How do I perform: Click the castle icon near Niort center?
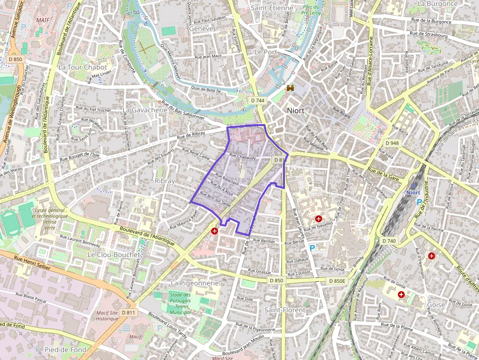pos(290,87)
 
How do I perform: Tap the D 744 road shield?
pos(258,100)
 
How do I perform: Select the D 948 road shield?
pos(392,143)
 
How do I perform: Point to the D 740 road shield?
pos(389,241)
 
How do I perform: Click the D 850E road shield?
pos(337,281)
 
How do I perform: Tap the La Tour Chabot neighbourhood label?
pos(82,67)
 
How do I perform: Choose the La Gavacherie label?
pos(145,110)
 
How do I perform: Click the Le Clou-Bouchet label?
pos(113,255)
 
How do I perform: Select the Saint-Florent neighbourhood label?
pos(284,310)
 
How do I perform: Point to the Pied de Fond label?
pos(65,350)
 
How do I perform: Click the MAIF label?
pos(43,20)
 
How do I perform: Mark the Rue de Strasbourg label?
pos(429,35)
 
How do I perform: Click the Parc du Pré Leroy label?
pos(311,10)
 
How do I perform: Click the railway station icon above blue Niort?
pos(414,185)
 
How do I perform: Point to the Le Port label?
pos(266,52)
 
